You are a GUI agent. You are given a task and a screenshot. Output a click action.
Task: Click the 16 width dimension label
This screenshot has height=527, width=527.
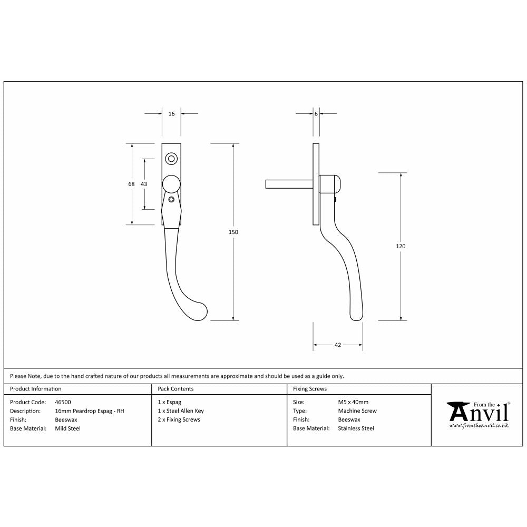pos(171,114)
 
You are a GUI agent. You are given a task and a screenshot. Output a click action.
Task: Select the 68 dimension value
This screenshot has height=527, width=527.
pos(131,184)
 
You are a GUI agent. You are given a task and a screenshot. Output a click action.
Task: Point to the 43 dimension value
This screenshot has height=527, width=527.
pos(144,184)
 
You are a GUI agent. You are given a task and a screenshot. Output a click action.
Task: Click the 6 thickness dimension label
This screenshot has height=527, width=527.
pos(316,114)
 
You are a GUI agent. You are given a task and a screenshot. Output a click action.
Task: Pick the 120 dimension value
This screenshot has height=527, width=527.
pos(402,246)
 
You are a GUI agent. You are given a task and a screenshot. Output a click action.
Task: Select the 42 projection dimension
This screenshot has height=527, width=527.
pos(338,345)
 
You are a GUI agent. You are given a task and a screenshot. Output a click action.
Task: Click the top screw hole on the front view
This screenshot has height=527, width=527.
pos(171,158)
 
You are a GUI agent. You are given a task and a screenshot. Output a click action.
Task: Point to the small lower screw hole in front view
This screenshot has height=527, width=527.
pos(171,200)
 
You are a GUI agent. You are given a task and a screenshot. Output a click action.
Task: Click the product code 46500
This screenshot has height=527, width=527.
pos(63,402)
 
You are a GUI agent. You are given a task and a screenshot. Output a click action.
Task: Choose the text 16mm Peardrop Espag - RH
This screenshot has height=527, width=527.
pos(90,411)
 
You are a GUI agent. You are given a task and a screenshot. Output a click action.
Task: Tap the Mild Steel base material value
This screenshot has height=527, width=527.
pos(68,428)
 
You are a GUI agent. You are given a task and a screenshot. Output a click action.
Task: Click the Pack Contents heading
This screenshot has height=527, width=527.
pos(175,389)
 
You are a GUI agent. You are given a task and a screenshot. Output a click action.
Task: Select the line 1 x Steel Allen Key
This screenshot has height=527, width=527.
pos(181,411)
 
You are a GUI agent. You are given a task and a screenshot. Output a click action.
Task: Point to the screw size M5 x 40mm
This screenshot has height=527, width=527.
pos(353,402)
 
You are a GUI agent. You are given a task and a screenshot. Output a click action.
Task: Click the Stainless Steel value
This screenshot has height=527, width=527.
pos(356,428)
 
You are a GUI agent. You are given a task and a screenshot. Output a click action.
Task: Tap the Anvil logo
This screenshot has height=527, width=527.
pos(478,414)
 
